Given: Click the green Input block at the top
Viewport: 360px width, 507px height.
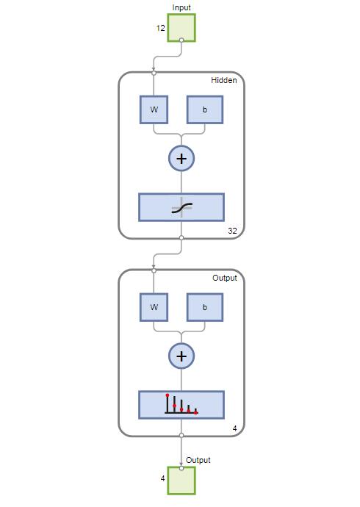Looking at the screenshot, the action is (181, 28).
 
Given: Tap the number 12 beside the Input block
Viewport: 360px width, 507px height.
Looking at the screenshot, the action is (161, 28).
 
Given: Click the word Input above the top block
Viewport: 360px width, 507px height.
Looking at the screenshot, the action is (181, 7).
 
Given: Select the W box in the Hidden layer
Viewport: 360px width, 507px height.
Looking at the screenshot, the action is (154, 109).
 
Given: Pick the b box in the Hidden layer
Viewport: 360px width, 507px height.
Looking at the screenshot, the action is (205, 109).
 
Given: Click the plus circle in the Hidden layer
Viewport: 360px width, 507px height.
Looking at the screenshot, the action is (181, 159).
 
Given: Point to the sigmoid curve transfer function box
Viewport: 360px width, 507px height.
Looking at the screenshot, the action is (181, 207).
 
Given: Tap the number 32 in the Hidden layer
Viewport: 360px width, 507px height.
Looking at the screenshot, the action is (232, 231).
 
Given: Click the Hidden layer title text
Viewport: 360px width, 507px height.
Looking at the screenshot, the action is (223, 80).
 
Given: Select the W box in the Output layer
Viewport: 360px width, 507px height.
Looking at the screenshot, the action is (154, 307).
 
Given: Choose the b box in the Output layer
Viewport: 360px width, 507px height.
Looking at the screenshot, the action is (205, 307).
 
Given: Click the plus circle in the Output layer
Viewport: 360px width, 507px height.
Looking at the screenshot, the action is (181, 356).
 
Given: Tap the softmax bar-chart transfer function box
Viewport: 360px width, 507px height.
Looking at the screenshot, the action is (181, 405).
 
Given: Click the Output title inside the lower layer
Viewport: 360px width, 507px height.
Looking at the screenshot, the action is (225, 278).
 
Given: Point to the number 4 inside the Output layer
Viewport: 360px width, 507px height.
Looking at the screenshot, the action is (234, 428).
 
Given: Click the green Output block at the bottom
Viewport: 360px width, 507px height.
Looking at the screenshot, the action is (181, 481).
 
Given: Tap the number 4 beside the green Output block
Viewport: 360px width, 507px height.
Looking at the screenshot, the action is (162, 478).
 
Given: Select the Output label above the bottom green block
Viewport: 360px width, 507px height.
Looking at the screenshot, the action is (198, 460).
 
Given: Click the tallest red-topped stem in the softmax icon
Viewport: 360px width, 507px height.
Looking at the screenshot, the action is (167, 403).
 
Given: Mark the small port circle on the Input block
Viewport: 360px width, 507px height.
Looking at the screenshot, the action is (181, 40).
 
